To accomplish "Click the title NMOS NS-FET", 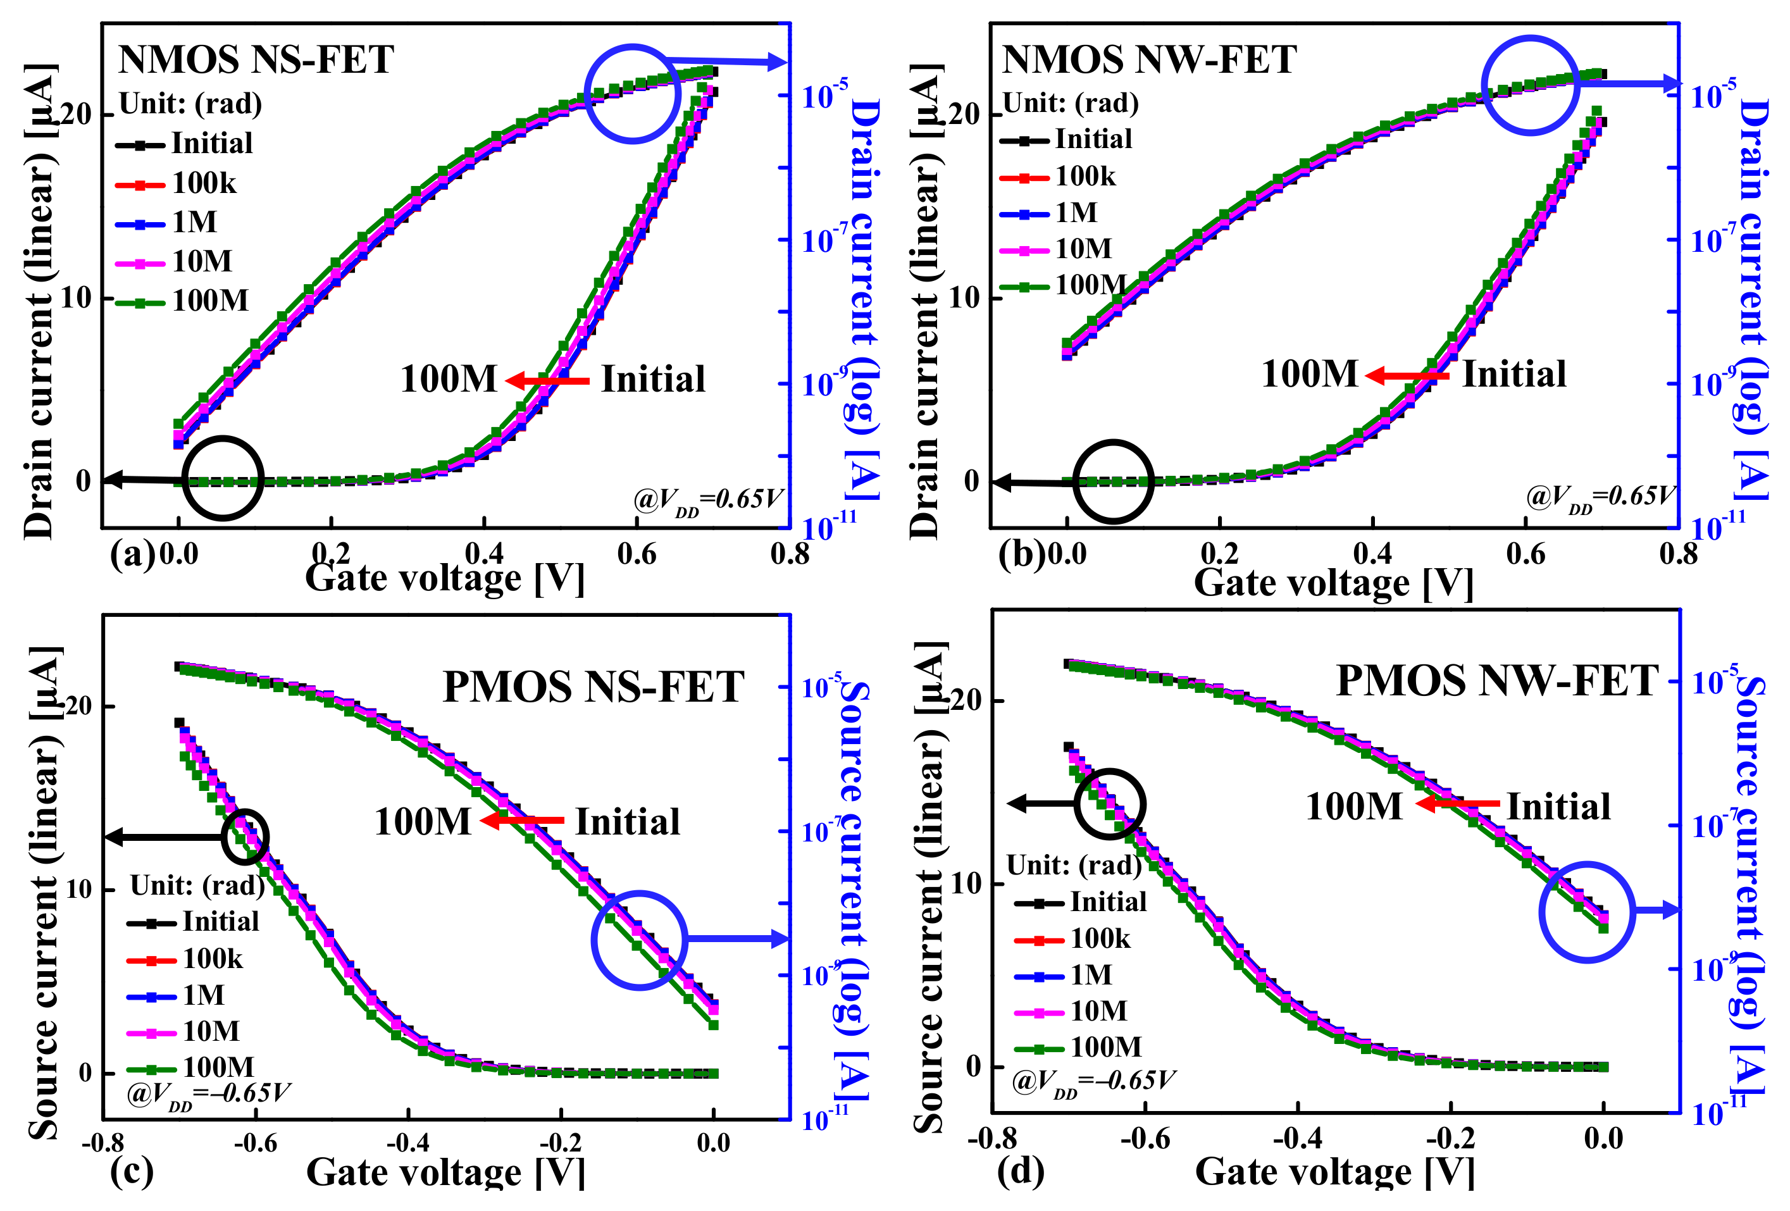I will click(256, 60).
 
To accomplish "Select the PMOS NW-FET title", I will click(1496, 681).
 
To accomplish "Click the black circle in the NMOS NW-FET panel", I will click(1113, 481).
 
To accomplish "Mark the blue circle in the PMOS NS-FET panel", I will click(638, 940).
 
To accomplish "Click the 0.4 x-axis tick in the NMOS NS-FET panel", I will click(483, 554).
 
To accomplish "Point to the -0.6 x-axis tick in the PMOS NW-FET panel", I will click(1145, 1139).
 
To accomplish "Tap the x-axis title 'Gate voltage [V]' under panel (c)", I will click(445, 1172).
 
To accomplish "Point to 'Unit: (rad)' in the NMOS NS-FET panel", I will click(190, 103).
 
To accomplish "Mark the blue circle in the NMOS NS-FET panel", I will click(632, 93).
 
